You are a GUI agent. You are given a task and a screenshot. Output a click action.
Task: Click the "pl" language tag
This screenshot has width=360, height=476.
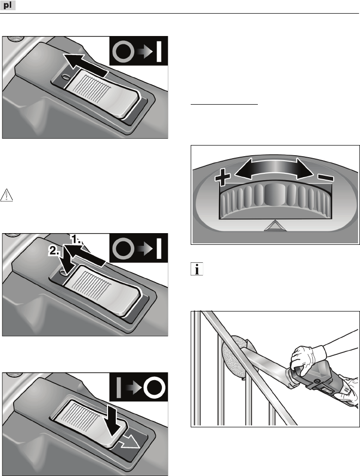(8, 5)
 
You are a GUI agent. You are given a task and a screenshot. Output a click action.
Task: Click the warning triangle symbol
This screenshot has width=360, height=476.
(6, 195)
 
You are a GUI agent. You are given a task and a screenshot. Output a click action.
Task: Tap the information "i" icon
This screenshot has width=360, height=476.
(197, 269)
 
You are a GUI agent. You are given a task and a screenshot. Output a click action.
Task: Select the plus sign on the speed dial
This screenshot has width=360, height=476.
(222, 177)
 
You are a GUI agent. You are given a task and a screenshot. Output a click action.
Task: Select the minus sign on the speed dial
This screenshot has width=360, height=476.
(325, 178)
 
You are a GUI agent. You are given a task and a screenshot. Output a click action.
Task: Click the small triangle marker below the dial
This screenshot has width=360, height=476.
(275, 225)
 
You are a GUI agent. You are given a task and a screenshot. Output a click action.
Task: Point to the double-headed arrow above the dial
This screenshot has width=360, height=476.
(274, 168)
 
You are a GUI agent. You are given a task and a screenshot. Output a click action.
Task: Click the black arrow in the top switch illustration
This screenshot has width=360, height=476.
(85, 65)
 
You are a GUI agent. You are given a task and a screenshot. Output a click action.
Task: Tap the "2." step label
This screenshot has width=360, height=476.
(55, 251)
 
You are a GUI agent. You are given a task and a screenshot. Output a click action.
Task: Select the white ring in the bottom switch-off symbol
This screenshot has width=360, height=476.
(155, 387)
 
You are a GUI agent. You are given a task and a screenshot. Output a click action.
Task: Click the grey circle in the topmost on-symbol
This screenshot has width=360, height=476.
(123, 51)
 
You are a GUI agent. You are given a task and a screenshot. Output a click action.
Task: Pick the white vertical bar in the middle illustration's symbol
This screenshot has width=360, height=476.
(159, 248)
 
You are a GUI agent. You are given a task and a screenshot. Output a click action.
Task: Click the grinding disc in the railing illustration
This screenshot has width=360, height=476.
(234, 357)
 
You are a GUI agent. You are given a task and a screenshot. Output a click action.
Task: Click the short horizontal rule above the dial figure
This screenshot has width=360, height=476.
(224, 104)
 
